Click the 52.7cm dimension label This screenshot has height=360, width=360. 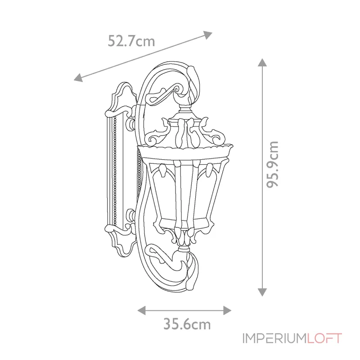(x=131, y=41)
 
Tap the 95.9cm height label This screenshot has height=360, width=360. (x=273, y=165)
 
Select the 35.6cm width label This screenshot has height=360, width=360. (x=187, y=324)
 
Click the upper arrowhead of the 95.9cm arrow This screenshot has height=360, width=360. (x=262, y=63)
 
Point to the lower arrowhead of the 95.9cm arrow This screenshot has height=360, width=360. (x=262, y=292)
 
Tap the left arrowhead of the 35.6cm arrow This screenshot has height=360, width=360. (x=141, y=310)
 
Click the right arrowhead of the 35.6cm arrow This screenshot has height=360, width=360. (x=227, y=310)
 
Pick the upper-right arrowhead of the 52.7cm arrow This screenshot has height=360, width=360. (x=208, y=35)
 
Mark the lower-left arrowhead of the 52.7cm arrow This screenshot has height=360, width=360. (x=78, y=77)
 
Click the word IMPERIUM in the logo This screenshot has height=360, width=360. (x=274, y=338)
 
